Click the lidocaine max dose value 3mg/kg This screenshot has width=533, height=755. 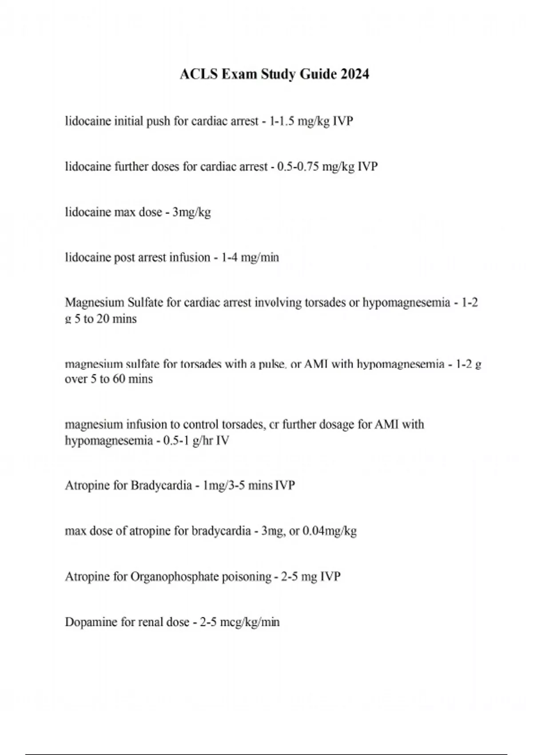191,212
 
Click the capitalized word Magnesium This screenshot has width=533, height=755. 94,302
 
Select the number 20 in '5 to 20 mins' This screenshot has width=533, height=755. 103,319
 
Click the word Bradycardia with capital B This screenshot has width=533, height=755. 161,485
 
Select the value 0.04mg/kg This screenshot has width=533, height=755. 329,531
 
